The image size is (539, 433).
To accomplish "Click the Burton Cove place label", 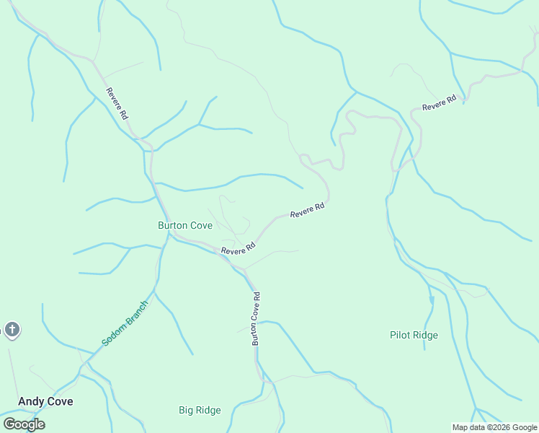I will click(185, 225).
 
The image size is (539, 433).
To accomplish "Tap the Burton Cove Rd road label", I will click(256, 318).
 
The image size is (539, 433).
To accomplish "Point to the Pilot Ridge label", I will click(414, 335).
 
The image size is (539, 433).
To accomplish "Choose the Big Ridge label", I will click(200, 410).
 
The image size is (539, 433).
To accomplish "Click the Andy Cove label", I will click(45, 401).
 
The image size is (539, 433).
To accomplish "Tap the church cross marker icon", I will click(12, 330).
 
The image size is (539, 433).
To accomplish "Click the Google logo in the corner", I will click(24, 424).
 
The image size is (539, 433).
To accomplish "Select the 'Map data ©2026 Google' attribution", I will click(494, 427).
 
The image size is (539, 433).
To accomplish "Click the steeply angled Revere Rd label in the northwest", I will click(117, 103).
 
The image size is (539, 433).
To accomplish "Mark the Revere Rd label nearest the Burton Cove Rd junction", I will click(239, 249).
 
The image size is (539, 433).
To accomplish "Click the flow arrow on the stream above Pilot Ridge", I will click(432, 299).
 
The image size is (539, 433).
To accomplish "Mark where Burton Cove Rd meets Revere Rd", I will click(245, 271).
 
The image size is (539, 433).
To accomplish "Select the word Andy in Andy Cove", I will click(32, 401).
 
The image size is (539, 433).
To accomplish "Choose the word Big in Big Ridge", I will click(186, 410).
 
